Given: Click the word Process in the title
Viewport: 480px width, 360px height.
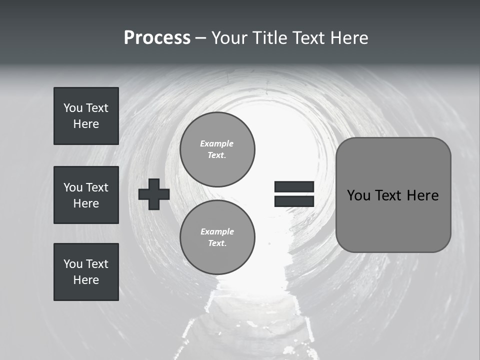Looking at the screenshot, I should click(157, 37).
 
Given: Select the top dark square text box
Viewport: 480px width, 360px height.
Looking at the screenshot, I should click(86, 116).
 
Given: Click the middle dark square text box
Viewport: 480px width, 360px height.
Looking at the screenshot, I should click(86, 195).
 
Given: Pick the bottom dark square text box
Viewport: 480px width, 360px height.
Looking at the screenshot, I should click(86, 272).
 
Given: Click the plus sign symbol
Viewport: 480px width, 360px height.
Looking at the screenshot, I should click(154, 194).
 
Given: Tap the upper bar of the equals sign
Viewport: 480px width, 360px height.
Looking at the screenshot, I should click(294, 187).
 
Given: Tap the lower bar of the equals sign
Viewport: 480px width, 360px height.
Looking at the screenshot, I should click(294, 201).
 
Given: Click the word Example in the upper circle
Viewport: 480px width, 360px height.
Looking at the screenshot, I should click(216, 143).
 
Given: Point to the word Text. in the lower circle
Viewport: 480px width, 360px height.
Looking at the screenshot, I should click(216, 243).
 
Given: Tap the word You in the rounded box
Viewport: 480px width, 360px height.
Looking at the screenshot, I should click(358, 195).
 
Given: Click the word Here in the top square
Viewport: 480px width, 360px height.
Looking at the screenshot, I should click(86, 124).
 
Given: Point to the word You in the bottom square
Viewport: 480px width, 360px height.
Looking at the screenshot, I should click(73, 264).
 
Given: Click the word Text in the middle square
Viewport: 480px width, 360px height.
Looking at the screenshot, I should click(96, 187).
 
